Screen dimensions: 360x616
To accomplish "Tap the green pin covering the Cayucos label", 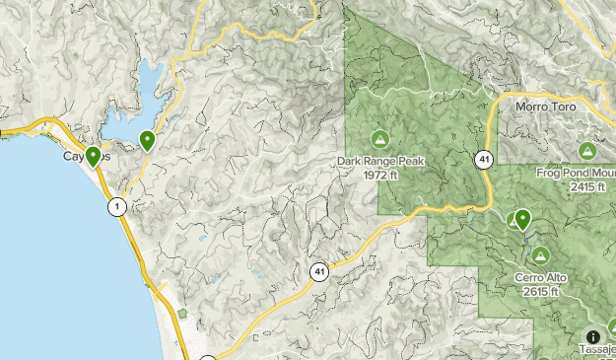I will (x=93, y=155).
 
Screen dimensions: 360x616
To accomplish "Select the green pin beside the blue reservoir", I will (x=147, y=141).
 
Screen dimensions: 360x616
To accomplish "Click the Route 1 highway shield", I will (x=118, y=206).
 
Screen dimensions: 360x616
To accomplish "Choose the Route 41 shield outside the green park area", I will (x=319, y=270).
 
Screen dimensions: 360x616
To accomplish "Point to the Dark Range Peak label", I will (x=379, y=161).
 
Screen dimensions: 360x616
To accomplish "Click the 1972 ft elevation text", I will (x=379, y=175).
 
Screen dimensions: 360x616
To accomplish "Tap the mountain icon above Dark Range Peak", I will (x=379, y=138).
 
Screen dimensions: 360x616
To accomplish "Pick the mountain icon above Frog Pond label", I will (x=587, y=151).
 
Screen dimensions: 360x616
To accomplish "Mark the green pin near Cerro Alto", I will (x=522, y=219).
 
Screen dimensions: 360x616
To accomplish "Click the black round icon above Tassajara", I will (x=592, y=336).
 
